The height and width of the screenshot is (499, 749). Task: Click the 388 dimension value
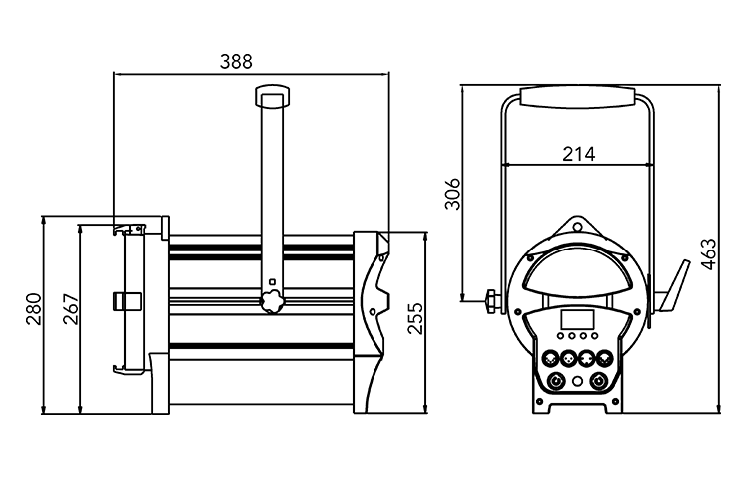point(236,61)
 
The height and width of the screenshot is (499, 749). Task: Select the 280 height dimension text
point(32,313)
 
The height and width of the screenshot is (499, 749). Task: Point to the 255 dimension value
point(416,321)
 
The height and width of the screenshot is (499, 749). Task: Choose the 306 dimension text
point(452,193)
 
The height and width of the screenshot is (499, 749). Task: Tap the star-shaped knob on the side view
point(270,301)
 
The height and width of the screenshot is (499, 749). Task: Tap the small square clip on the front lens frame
point(126,299)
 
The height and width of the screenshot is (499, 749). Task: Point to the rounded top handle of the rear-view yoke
point(578,96)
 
